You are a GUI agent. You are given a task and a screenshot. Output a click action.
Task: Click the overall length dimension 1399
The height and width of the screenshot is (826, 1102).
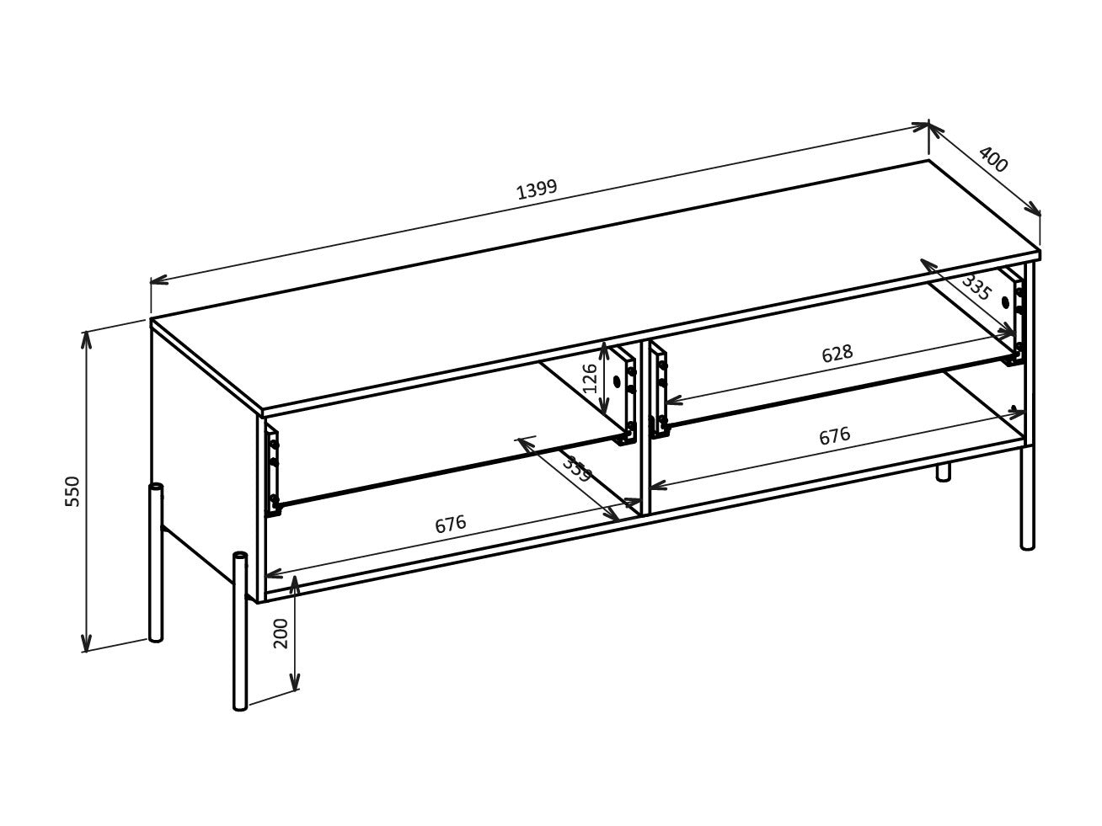[x=537, y=189]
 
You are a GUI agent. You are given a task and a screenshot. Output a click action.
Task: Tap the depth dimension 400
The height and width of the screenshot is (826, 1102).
[x=993, y=159]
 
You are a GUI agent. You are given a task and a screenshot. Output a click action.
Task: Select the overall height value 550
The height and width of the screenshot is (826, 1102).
[x=73, y=491]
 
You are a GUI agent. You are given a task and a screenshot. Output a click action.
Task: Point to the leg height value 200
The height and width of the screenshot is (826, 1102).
[x=281, y=633]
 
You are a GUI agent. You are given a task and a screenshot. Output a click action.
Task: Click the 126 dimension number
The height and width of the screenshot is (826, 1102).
[x=591, y=377]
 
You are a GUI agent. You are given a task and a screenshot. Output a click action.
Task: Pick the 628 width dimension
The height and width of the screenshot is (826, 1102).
[x=837, y=354]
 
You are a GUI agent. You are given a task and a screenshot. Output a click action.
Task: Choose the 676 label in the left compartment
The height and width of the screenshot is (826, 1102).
[x=450, y=525]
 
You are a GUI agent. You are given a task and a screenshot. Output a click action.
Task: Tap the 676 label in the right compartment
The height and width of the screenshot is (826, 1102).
[x=834, y=436]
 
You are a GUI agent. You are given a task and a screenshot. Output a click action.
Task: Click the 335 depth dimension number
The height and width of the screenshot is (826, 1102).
[x=976, y=287]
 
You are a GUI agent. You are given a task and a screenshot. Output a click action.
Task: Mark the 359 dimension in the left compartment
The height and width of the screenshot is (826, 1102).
[x=577, y=468]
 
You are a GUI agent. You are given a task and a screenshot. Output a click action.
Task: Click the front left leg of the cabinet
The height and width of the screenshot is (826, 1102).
[x=240, y=631]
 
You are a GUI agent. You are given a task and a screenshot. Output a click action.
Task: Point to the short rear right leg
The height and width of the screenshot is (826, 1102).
[x=943, y=472]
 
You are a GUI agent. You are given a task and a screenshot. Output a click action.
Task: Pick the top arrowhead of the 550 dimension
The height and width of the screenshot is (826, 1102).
[x=86, y=336]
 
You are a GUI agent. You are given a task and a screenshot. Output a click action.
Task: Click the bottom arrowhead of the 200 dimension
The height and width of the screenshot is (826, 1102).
[x=294, y=685]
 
